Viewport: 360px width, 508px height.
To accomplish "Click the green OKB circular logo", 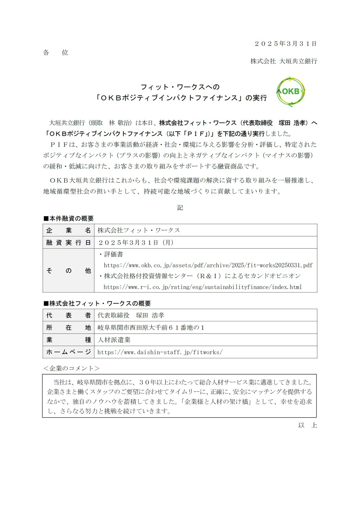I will click(291, 92).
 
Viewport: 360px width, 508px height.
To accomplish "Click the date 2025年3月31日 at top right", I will click(286, 44).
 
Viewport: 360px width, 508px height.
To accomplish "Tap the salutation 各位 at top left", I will click(56, 53).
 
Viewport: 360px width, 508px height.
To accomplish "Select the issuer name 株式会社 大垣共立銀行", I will click(283, 61).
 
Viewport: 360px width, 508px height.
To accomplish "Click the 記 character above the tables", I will click(180, 208).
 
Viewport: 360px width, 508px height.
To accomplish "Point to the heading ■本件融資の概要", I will click(69, 219).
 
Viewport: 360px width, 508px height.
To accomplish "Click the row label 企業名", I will click(68, 230).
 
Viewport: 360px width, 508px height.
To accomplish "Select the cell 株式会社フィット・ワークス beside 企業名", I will click(139, 230).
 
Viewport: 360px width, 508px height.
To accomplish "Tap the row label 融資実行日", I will click(68, 243).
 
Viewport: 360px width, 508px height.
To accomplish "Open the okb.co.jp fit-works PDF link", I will click(208, 265).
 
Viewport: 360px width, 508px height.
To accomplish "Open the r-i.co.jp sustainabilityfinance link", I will click(202, 287).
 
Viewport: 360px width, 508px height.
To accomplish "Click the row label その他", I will click(68, 271).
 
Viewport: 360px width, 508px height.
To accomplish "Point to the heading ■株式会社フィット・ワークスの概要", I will click(97, 304).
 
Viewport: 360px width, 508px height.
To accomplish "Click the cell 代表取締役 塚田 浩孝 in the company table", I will click(131, 316).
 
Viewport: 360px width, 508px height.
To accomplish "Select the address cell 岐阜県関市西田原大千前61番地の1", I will click(151, 328).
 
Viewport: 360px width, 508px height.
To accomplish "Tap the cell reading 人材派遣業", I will click(114, 340).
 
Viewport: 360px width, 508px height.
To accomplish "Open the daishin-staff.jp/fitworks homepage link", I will click(160, 352).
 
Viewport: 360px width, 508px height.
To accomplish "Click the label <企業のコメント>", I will click(71, 368).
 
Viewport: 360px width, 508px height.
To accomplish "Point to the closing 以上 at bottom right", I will click(307, 425).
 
